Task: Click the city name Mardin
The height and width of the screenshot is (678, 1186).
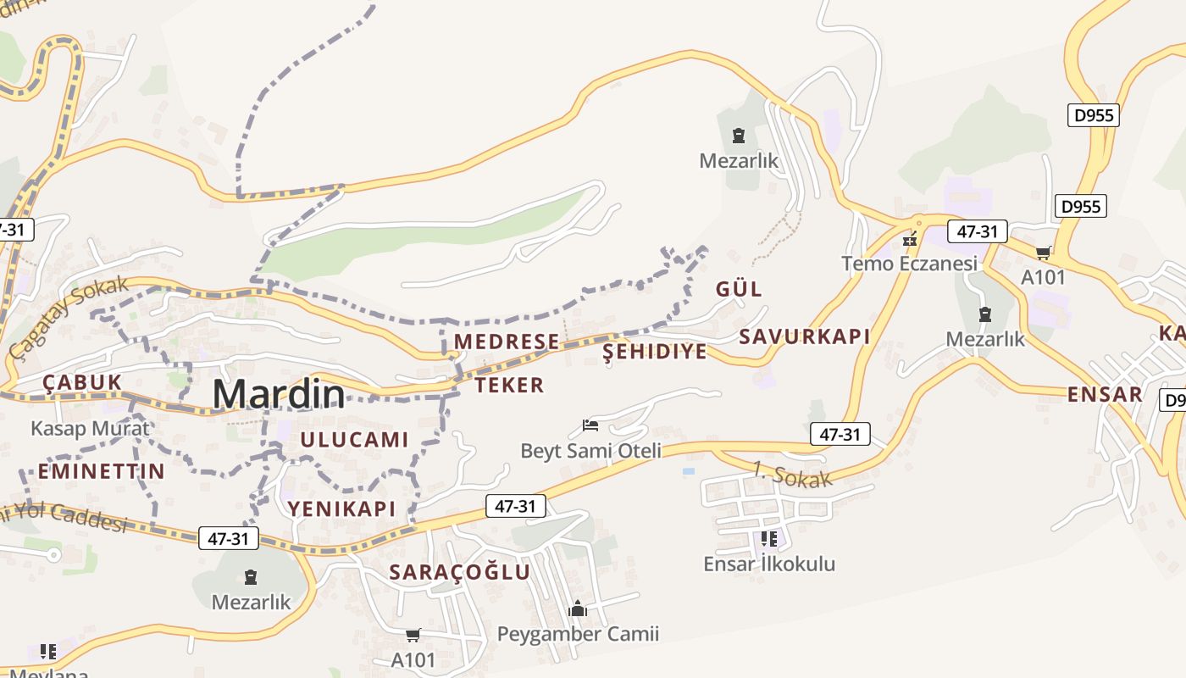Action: coord(279,395)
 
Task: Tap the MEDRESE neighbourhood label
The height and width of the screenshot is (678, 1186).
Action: coord(507,342)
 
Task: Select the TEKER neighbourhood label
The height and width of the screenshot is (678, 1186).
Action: coord(509,386)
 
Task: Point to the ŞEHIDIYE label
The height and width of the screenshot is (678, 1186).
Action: coord(654,352)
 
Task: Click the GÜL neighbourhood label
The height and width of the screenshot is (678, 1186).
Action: coord(739,289)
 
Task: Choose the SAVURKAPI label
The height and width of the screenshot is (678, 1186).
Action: coord(805,336)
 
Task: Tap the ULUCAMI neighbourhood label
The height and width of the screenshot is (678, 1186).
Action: coord(354,440)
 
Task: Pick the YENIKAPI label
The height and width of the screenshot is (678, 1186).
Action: coord(341,508)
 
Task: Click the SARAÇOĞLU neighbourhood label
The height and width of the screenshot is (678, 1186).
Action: coord(460,572)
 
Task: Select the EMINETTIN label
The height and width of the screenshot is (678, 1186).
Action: coord(102,471)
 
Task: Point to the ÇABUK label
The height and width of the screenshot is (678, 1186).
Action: coord(82,382)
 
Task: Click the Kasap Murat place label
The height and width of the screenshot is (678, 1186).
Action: coord(90,428)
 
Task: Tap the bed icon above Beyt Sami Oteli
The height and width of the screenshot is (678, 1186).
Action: coord(590,425)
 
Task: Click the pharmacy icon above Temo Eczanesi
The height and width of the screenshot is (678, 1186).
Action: coord(910,240)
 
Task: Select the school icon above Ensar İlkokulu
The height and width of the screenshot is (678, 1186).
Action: coord(769,539)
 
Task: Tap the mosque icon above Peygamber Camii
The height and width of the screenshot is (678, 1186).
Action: coord(578,609)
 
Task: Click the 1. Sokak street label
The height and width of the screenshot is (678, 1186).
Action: coord(792,475)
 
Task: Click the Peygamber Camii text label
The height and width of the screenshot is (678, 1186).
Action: coord(578,634)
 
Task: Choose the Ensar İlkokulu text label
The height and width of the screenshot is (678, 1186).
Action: coord(769,564)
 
